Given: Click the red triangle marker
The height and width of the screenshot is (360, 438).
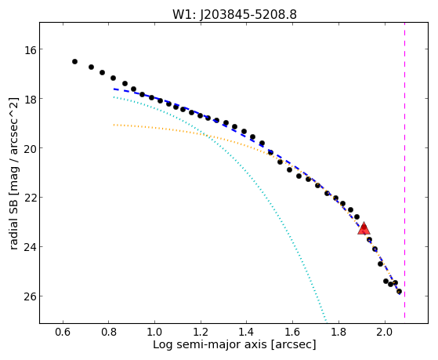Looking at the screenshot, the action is point(364,229).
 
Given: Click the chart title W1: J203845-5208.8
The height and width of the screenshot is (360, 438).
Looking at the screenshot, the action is point(234,15).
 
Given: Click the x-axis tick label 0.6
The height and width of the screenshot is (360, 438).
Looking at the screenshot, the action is point(63,333).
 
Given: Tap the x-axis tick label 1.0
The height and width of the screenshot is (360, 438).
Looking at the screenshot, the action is point(155,333).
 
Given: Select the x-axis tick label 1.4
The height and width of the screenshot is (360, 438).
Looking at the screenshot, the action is point(247,333).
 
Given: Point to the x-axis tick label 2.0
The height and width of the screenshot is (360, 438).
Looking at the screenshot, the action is point(385,333).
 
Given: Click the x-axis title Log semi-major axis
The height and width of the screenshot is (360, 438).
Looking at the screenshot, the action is point(210,344).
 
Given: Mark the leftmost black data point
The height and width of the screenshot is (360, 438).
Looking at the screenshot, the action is point(74,61).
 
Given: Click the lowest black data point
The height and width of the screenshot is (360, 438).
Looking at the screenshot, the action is point(399,292).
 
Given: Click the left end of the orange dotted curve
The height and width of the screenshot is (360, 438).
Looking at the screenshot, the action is point(114,125).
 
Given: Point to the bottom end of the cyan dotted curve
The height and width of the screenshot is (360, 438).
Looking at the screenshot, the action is point(326,322).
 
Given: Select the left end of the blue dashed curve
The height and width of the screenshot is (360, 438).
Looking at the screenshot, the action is point(114,89).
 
